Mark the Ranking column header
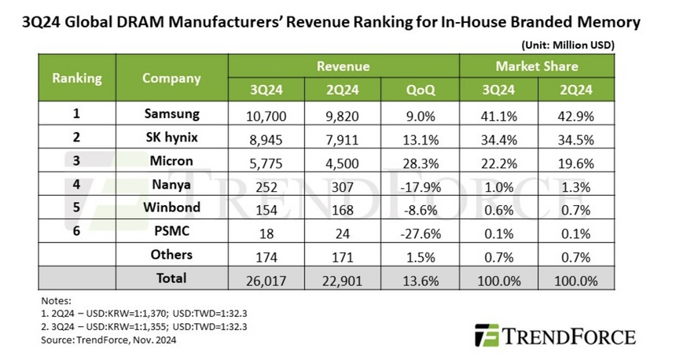[x=77, y=78]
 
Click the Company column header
[x=172, y=78]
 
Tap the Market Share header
[x=537, y=66]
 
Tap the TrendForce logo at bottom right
[x=553, y=336]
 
